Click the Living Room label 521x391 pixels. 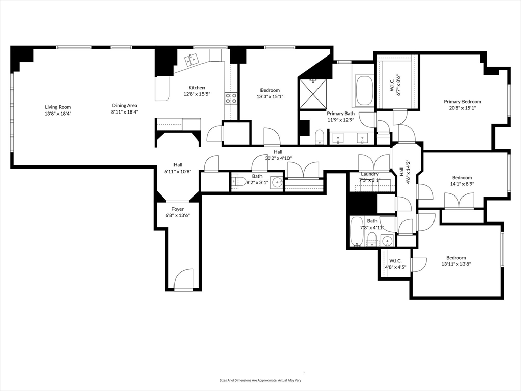(x=58, y=107)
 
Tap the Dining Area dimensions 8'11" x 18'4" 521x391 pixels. (x=125, y=112)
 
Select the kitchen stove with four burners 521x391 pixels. (x=231, y=98)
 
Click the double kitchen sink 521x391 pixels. (x=192, y=60)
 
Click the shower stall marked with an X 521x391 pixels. (x=313, y=94)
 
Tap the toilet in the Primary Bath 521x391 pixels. (x=320, y=137)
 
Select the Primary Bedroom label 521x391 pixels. (x=462, y=102)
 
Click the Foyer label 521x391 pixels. (x=178, y=209)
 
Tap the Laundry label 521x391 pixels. (x=369, y=174)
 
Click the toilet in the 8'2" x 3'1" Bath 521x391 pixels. (x=239, y=182)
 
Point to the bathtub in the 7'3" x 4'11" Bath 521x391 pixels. (x=357, y=232)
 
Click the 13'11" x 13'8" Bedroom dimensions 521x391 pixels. (x=456, y=264)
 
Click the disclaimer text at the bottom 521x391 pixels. (x=260, y=380)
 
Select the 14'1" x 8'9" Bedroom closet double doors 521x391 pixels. (x=459, y=201)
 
